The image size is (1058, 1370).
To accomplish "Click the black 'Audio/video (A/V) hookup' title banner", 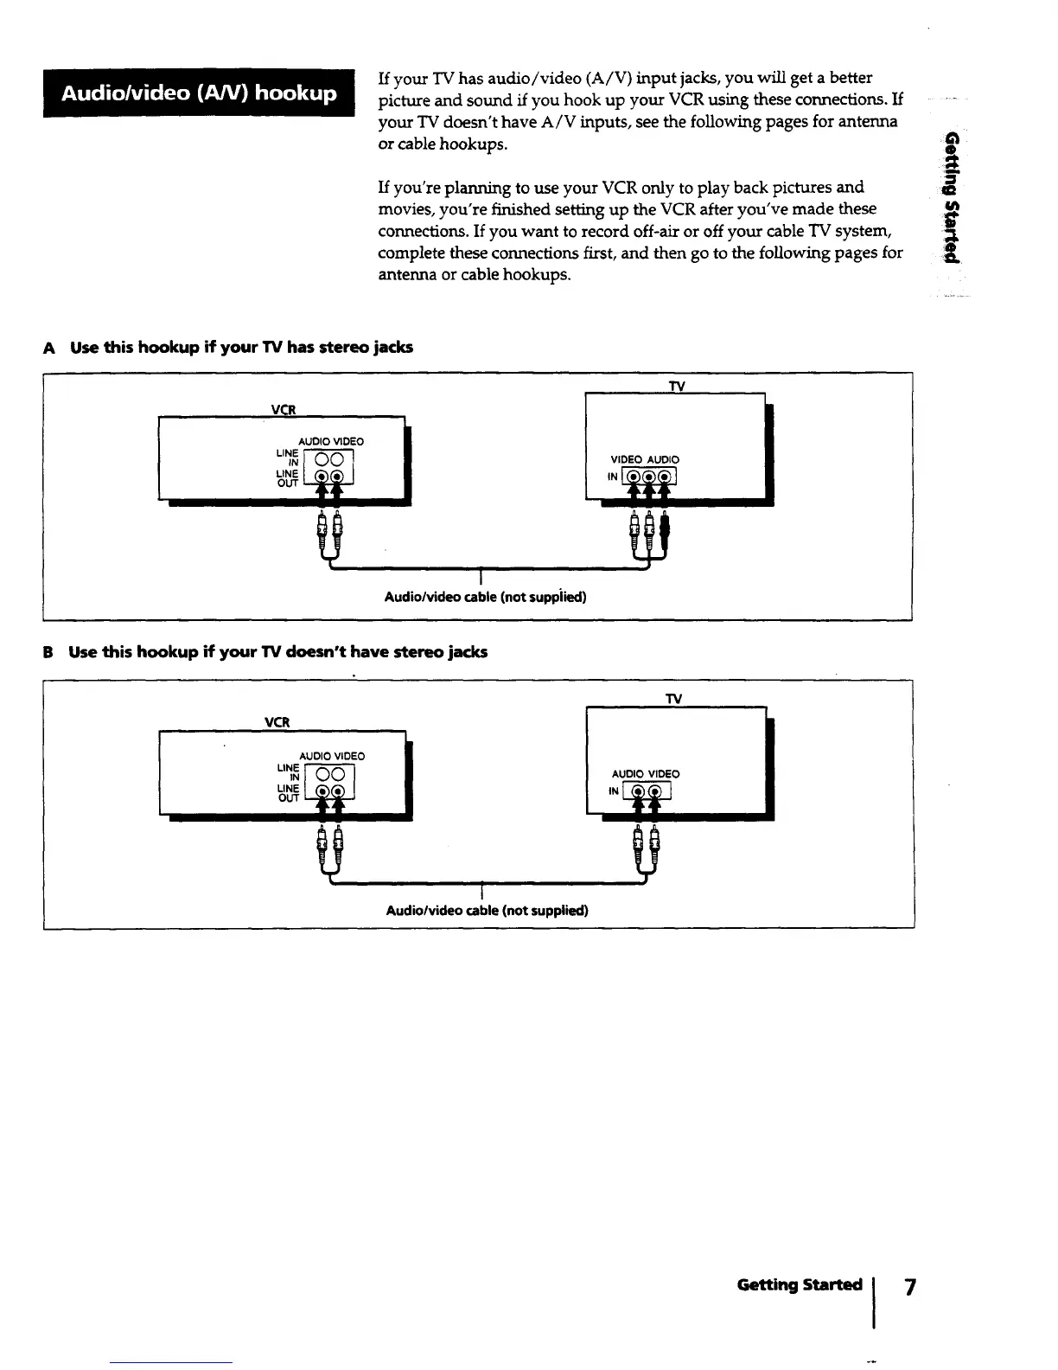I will (x=200, y=93).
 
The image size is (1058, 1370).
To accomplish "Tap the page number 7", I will (x=908, y=1286).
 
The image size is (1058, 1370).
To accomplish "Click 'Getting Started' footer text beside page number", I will (x=799, y=1284).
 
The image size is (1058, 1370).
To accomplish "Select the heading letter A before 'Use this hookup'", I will (x=50, y=348).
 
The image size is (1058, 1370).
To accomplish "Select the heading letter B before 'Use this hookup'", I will (x=50, y=652).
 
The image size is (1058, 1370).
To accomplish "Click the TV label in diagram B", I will (x=673, y=698).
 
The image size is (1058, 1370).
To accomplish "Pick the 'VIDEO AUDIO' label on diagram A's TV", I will (x=645, y=459).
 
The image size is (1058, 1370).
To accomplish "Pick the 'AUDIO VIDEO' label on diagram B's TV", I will (x=645, y=774).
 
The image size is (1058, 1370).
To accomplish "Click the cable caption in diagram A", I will (x=485, y=597).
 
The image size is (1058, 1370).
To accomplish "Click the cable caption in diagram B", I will (x=487, y=910).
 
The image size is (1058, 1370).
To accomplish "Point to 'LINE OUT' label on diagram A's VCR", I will (x=287, y=478).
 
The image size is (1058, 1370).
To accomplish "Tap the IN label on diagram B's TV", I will (x=614, y=791).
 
